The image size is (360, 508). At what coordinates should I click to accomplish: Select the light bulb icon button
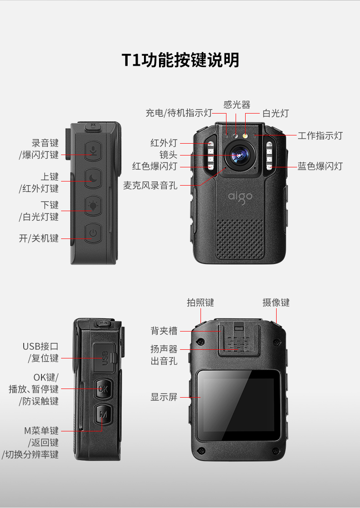coord(93,206)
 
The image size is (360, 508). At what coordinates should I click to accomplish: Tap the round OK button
coord(103,389)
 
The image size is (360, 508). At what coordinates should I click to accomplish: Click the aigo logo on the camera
coord(240,197)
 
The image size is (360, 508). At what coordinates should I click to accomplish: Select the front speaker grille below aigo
coord(240,239)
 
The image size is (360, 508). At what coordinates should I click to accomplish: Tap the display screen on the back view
coord(239,405)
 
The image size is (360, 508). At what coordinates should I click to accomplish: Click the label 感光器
coord(237,104)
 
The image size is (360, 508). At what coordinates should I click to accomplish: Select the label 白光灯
coord(276,113)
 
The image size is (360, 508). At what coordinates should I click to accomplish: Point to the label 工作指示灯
coord(320,135)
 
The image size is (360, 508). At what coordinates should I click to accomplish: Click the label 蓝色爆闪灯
coord(320,166)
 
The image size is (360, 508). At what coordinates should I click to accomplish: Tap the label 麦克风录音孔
coord(150,185)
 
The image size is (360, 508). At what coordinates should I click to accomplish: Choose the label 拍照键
coord(201,302)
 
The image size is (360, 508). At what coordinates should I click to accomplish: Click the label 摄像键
coord(276,302)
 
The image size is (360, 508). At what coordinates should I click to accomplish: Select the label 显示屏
coord(164,397)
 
